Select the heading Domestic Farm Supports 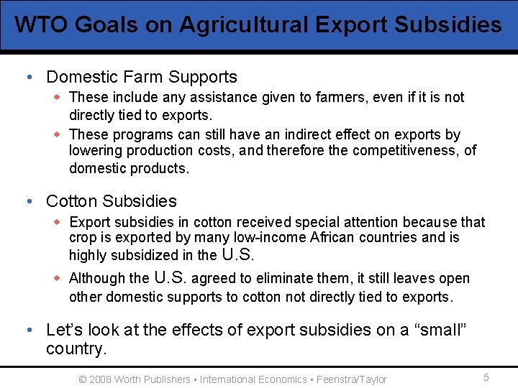[x=141, y=77]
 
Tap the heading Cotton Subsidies [x=111, y=201]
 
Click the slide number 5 [x=486, y=378]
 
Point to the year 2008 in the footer [x=101, y=379]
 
